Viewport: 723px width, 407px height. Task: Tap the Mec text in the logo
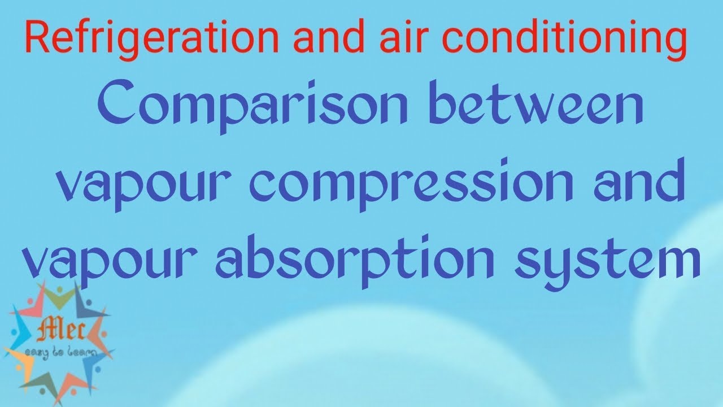60,331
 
